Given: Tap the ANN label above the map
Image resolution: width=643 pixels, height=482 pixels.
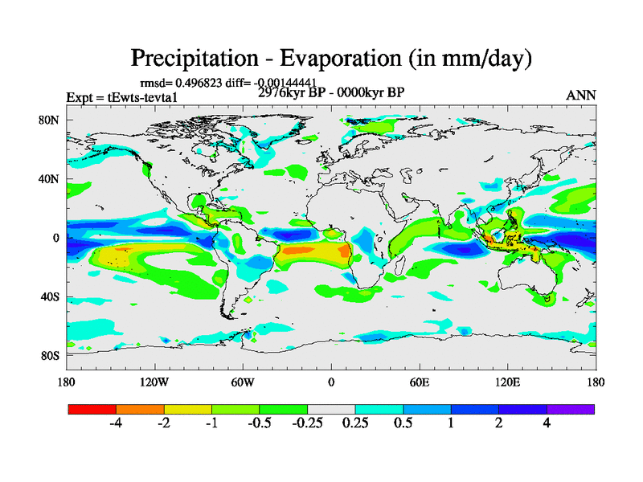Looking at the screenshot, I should [x=581, y=96].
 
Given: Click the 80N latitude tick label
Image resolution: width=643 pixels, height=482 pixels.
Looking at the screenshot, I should [x=51, y=120].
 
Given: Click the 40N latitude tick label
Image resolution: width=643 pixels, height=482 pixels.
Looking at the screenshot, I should [x=51, y=179].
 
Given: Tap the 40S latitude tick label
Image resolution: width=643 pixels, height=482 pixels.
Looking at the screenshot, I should [x=51, y=296].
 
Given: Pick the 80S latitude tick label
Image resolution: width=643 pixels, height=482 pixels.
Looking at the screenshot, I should [x=51, y=355].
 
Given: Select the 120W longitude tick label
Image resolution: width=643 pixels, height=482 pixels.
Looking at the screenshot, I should [x=154, y=382].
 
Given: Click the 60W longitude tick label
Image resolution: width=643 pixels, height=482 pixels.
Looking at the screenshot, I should [x=243, y=382].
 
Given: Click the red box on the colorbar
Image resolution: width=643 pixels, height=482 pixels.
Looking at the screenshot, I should [x=92, y=409].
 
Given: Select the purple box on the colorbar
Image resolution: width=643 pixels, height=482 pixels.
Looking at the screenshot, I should [x=571, y=409].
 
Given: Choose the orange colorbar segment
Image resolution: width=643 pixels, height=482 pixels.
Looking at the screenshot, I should [x=140, y=409].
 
